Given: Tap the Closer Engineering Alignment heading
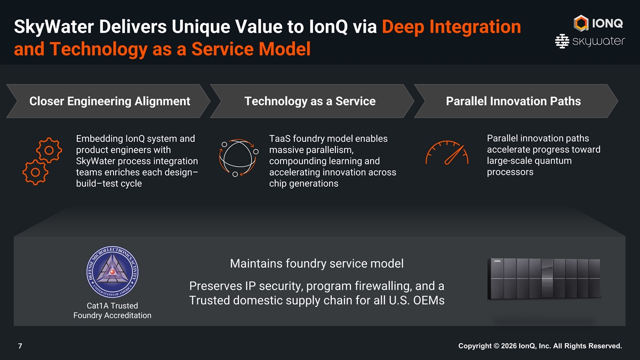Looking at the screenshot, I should click(110, 101).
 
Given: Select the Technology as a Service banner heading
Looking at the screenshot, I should click(310, 101).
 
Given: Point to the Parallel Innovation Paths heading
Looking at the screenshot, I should click(513, 101).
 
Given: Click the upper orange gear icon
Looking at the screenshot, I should click(49, 149).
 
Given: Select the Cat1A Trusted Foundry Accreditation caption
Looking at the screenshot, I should click(112, 310).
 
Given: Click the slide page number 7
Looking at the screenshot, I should click(20, 346).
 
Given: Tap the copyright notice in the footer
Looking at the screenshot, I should click(540, 346).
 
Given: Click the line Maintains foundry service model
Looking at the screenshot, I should click(317, 263).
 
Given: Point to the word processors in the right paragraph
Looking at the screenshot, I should click(510, 172).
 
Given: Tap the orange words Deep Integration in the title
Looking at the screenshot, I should click(452, 27).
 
